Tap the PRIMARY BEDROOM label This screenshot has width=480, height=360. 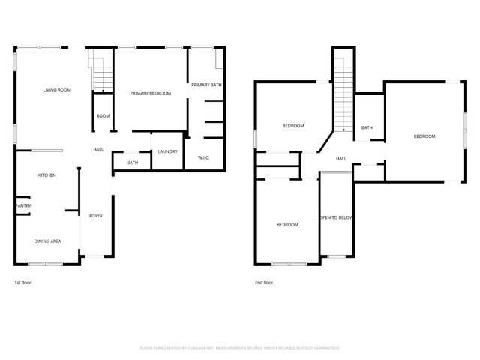click(x=150, y=93)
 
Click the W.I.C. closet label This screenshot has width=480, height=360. click(x=204, y=157)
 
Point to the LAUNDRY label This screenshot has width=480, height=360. click(x=168, y=151)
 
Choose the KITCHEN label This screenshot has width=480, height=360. click(x=47, y=175)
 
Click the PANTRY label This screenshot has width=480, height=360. click(x=22, y=205)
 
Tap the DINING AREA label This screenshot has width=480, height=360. click(x=47, y=241)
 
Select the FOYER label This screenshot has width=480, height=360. click(x=96, y=216)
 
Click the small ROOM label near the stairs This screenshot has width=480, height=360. click(x=103, y=116)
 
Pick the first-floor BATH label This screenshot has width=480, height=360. click(x=132, y=163)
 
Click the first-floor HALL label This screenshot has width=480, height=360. click(x=98, y=150)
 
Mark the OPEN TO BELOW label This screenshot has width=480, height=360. click(x=336, y=217)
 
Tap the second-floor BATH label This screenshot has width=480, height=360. click(x=367, y=127)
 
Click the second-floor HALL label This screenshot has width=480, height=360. click(x=340, y=158)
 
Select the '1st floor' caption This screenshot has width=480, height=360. click(x=22, y=283)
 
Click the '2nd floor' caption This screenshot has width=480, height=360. click(x=264, y=283)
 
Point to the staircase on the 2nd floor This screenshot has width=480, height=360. click(x=343, y=90)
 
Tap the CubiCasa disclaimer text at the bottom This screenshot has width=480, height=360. click(x=240, y=347)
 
